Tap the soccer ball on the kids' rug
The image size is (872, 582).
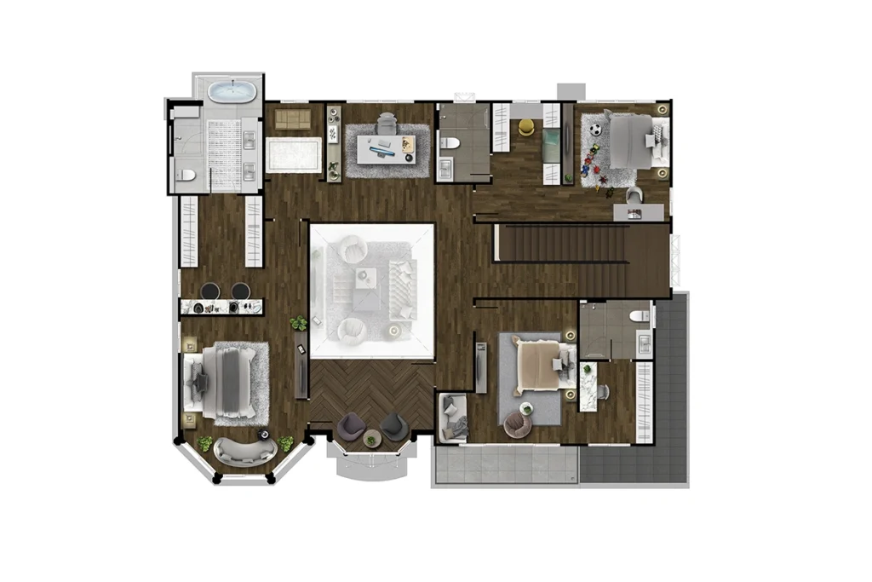(x=596, y=130)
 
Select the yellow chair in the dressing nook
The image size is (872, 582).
(x=526, y=128)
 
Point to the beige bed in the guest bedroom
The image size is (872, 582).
(x=536, y=366)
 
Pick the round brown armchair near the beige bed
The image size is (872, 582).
(x=516, y=424)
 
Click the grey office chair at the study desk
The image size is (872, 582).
(x=387, y=123)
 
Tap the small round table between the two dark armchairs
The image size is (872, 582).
(x=371, y=439)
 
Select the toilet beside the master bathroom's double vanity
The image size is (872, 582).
(x=186, y=176)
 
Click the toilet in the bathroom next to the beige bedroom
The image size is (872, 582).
(x=638, y=314)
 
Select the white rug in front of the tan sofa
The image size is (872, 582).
(x=293, y=156)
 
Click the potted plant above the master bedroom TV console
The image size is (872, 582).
(x=298, y=323)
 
